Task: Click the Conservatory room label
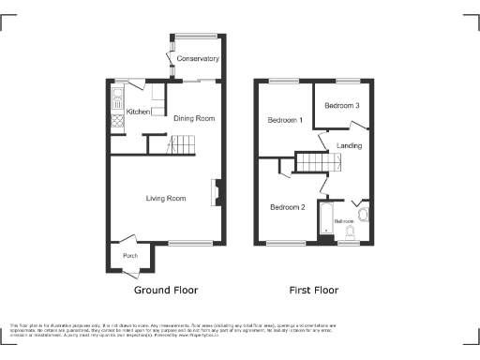198,59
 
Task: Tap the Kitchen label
138,112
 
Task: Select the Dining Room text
194,118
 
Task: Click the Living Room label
165,198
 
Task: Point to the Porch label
127,256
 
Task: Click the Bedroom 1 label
285,120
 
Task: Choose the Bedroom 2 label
288,206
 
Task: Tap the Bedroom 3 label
342,106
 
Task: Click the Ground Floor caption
166,291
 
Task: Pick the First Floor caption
314,291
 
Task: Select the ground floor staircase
182,144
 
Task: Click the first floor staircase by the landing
319,162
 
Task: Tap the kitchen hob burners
118,119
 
